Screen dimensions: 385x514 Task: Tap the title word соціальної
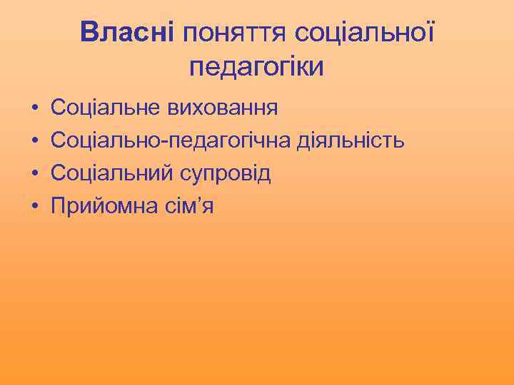[x=364, y=32]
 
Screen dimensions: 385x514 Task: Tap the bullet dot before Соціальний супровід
[x=34, y=174]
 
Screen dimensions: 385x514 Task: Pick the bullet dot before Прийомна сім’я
[x=34, y=207]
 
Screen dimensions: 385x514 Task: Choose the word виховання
[x=222, y=108]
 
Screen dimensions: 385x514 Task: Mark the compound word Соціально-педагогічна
[x=171, y=141]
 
